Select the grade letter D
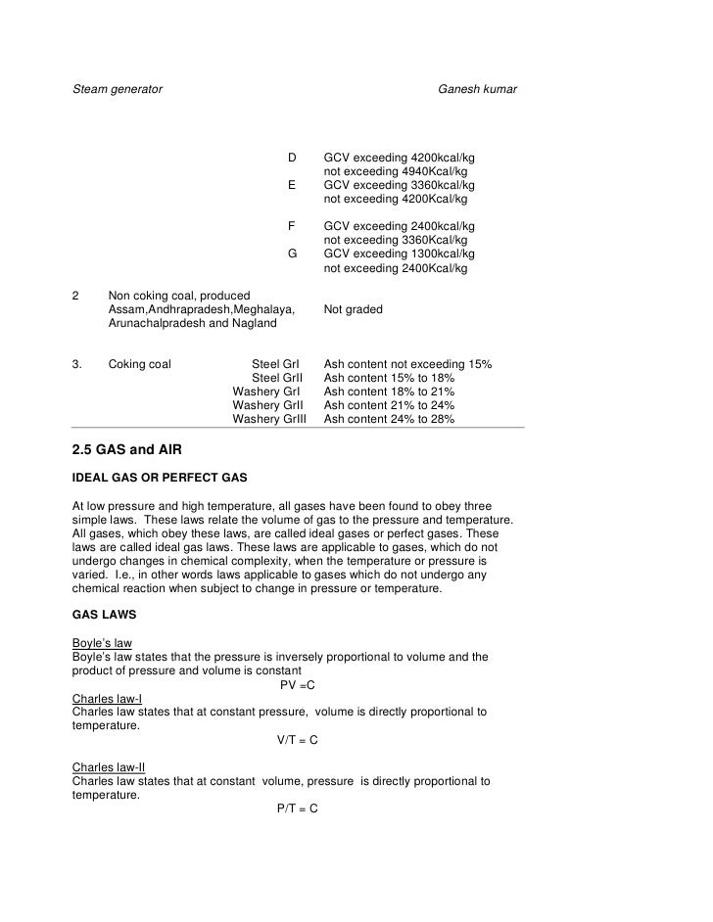click(291, 158)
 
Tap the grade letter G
click(292, 254)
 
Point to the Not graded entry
click(353, 309)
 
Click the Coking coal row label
click(140, 364)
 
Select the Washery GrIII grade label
click(269, 419)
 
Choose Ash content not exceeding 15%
click(407, 364)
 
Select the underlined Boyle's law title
click(102, 643)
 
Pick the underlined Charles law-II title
click(109, 767)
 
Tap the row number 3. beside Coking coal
click(77, 364)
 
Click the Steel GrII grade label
click(278, 378)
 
